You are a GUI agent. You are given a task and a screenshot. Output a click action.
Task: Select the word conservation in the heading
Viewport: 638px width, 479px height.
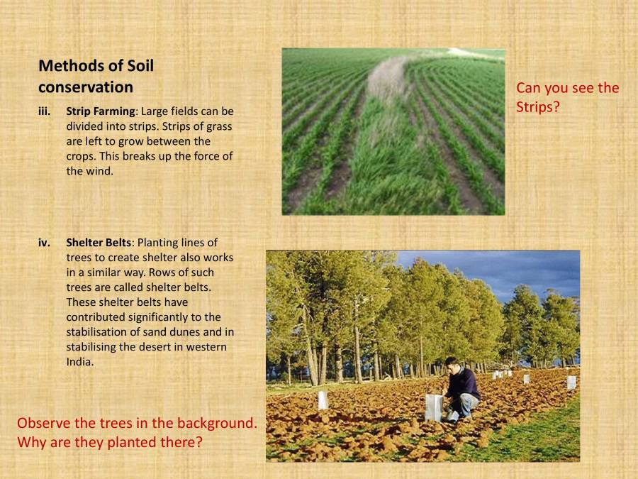[86, 87]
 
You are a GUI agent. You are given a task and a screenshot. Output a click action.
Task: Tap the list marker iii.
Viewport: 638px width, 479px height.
[44, 111]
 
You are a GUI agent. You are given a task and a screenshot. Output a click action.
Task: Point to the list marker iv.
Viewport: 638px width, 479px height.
[44, 243]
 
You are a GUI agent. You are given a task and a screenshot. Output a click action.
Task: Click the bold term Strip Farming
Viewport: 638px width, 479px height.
[100, 111]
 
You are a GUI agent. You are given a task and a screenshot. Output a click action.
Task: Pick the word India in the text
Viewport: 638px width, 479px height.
[79, 362]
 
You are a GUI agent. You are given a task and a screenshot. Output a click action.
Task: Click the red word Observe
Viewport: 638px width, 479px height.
[44, 424]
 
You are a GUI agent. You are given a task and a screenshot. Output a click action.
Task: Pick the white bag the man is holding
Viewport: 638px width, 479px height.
[434, 407]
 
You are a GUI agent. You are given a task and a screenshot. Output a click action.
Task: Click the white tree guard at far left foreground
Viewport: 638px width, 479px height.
[323, 400]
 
